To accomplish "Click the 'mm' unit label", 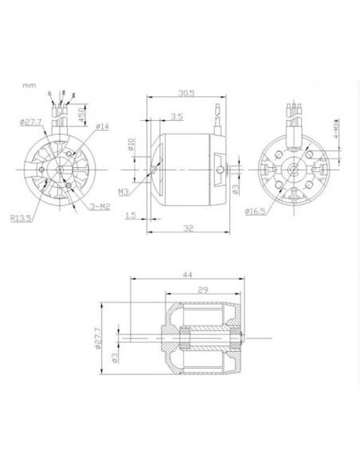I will tap(29, 83).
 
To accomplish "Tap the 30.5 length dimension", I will tap(186, 92).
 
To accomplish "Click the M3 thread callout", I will tap(123, 191).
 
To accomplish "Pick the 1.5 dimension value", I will tap(130, 216).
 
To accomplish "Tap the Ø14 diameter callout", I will tap(102, 126).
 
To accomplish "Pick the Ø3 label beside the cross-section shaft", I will tap(115, 358).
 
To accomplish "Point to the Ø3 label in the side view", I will tap(235, 189).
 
